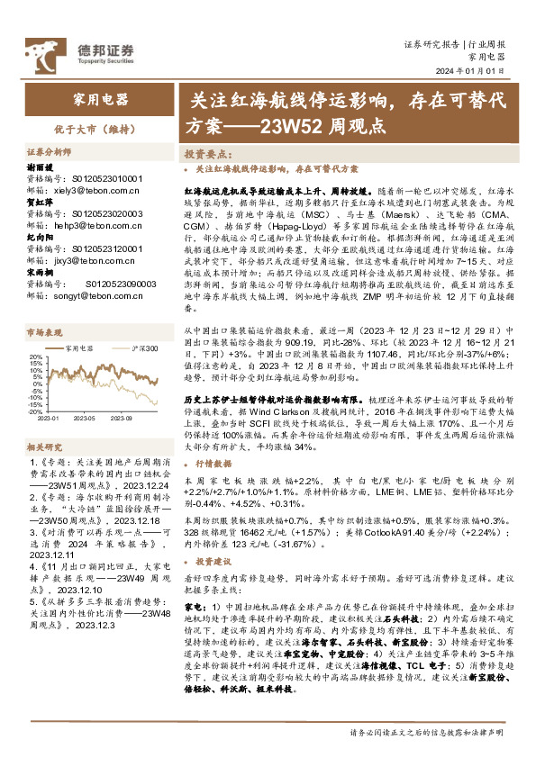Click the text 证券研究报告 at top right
coord(432,43)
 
